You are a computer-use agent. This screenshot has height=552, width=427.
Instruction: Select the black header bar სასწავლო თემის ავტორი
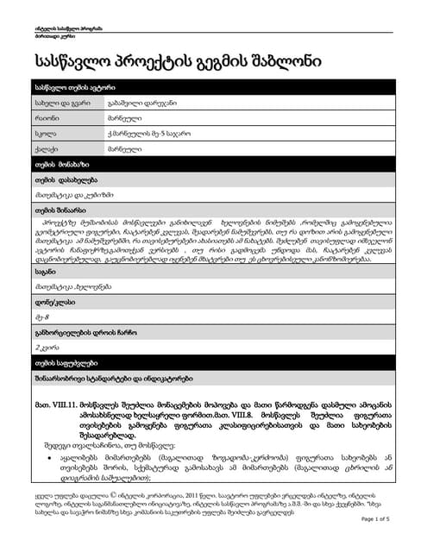pyautogui.click(x=213, y=89)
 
